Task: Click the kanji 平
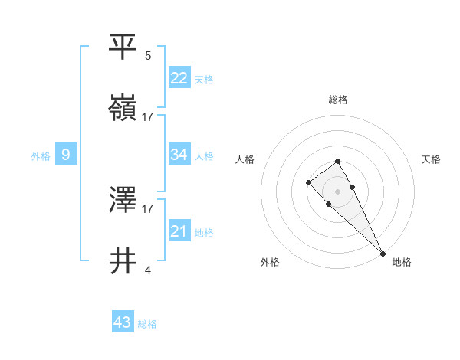coord(123,46)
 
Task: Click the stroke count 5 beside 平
coord(148,55)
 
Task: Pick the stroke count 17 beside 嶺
coord(148,117)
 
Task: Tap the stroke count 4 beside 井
coord(148,270)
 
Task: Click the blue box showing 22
coord(179,77)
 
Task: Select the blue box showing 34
coord(179,154)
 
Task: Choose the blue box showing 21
coord(179,231)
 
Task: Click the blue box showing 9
coord(66,155)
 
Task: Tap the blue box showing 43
coord(123,322)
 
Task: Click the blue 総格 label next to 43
coord(147,324)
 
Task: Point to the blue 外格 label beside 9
coord(41,156)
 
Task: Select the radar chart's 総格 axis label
coord(338,100)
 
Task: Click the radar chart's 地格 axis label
coord(402,262)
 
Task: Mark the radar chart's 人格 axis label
coord(245,159)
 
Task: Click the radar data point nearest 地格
coord(383,253)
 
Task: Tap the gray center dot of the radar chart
coord(337,191)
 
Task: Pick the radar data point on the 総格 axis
coord(337,161)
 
